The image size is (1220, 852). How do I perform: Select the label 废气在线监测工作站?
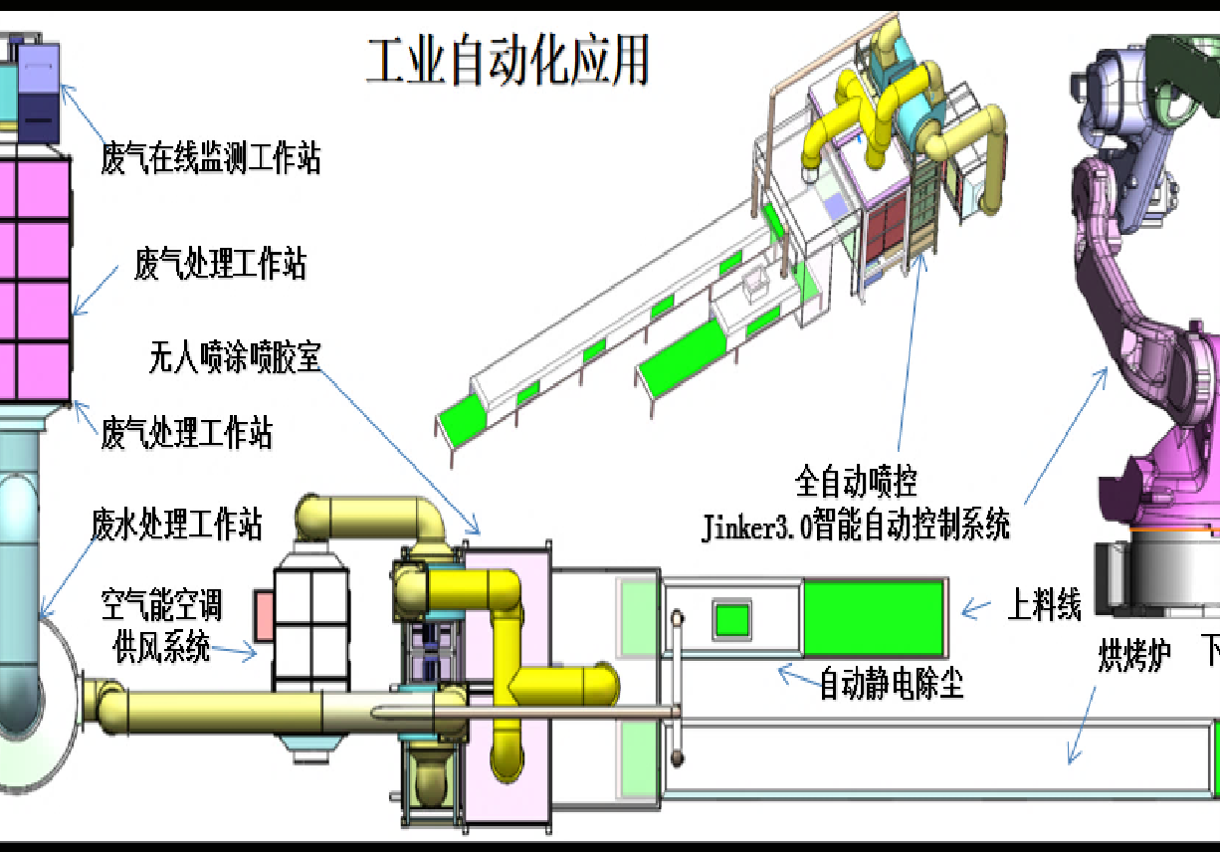pos(211,158)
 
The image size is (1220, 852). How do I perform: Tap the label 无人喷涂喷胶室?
pos(235,355)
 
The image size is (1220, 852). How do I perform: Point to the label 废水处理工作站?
pos(176,524)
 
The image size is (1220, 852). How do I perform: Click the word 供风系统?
pos(161,648)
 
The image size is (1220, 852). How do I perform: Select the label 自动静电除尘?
pos(891,684)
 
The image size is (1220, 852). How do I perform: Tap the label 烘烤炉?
pos(1134,657)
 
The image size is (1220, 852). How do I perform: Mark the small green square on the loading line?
pos(732,619)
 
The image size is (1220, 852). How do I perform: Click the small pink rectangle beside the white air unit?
pos(264,615)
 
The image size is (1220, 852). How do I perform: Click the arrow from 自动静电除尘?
pos(796,678)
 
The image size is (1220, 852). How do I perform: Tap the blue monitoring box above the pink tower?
pos(40,90)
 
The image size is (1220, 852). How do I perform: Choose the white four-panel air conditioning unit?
pos(310,627)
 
